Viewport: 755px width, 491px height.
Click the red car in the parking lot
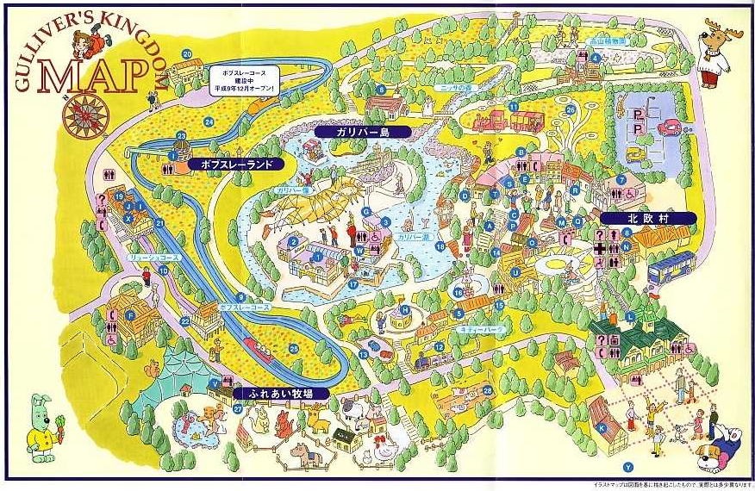pyautogui.click(x=667, y=127)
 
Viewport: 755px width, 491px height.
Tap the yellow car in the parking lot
pyautogui.click(x=635, y=154)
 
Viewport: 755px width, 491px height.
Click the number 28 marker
pyautogui.click(x=488, y=389)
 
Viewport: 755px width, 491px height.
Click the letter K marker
pyautogui.click(x=602, y=426)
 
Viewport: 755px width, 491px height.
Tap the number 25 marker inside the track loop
pyautogui.click(x=294, y=348)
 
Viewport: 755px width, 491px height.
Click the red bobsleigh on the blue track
pyautogui.click(x=258, y=347)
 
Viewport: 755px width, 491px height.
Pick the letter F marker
pyautogui.click(x=130, y=316)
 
